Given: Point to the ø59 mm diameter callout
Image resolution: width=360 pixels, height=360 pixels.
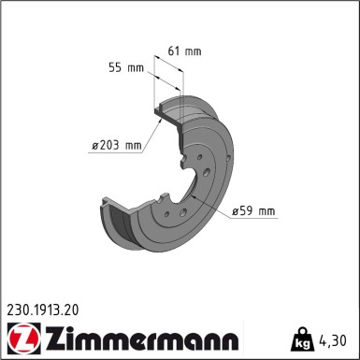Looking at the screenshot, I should [253, 211].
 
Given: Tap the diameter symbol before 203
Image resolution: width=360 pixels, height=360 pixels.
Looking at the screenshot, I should [95, 145].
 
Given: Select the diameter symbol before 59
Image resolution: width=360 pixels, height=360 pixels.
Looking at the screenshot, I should [237, 212].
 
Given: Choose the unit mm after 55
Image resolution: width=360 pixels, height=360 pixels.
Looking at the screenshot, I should [135, 68].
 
